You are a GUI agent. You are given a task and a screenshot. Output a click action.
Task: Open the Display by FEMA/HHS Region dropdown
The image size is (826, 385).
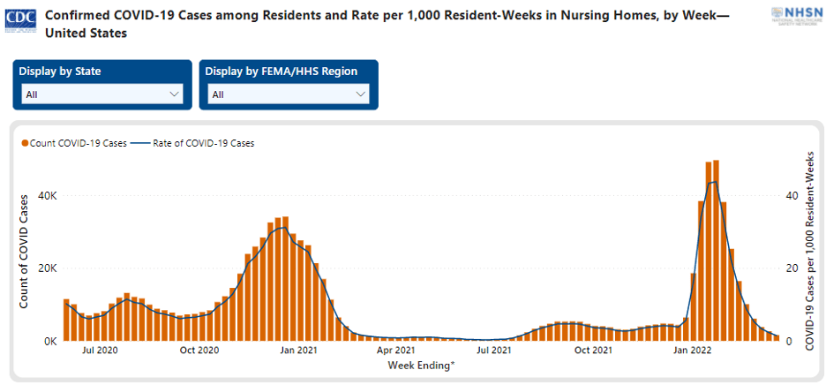tap(289, 94)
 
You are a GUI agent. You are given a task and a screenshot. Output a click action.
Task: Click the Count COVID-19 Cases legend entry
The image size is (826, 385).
tap(74, 142)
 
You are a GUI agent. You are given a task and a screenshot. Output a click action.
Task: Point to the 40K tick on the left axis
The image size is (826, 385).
tap(47, 196)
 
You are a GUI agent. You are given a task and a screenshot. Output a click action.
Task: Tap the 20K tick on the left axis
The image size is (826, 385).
tap(47, 268)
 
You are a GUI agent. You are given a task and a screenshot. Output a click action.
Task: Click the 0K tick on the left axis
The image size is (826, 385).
tap(49, 341)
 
